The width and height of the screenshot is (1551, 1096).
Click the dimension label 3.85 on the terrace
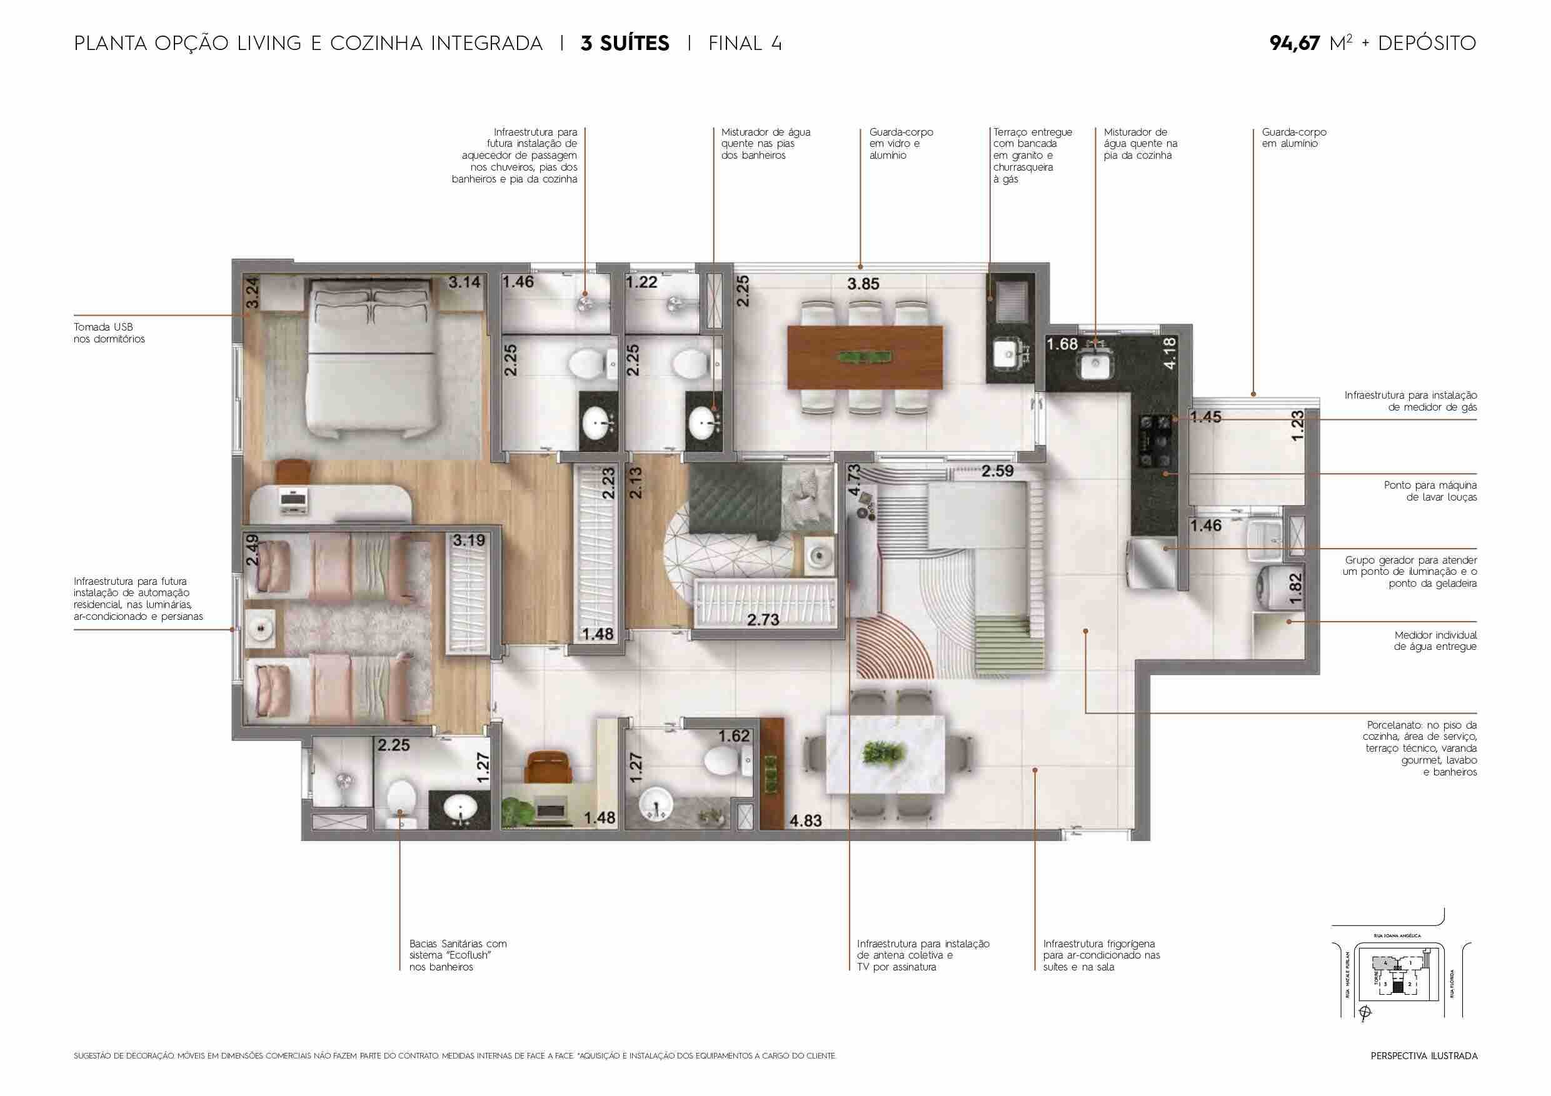coord(863,284)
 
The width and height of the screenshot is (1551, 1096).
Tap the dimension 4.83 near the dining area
coord(805,821)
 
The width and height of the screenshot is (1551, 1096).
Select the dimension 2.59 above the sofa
coord(997,471)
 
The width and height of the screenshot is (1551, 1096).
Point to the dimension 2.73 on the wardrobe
coord(763,619)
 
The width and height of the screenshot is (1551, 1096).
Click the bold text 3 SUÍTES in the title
coord(625,44)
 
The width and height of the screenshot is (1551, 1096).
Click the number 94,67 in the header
coord(1294,44)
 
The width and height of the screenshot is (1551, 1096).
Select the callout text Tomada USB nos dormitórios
coord(109,333)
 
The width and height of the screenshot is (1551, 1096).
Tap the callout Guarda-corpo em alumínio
coord(1293,137)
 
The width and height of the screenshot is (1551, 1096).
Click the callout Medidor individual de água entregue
coord(1435,641)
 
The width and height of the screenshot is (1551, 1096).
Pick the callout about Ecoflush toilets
coord(458,955)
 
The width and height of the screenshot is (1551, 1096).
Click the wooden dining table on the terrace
coord(865,357)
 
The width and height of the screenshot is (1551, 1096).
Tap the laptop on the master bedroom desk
coord(294,500)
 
